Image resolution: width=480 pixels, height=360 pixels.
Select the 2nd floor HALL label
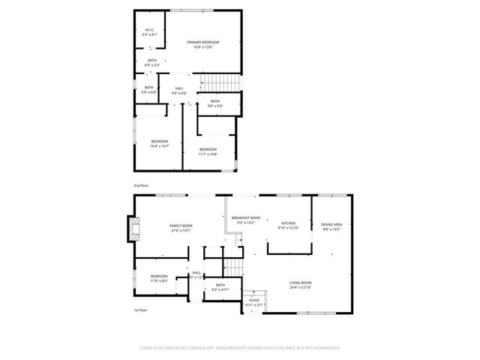[179, 88]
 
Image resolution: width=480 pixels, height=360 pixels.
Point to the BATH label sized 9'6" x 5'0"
[215, 101]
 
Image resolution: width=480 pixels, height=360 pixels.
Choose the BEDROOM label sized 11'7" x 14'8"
[208, 150]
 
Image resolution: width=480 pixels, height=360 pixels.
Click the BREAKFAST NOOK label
[245, 217]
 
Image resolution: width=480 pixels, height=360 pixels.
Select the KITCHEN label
[289, 223]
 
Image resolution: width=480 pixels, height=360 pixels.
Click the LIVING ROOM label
[301, 283]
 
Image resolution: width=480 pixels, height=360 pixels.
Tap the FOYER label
[254, 300]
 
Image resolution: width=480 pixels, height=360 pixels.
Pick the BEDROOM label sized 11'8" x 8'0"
[158, 276]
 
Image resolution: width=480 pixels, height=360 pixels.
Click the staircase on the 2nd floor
[223, 82]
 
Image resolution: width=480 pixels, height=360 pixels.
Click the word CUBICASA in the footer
[193, 348]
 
